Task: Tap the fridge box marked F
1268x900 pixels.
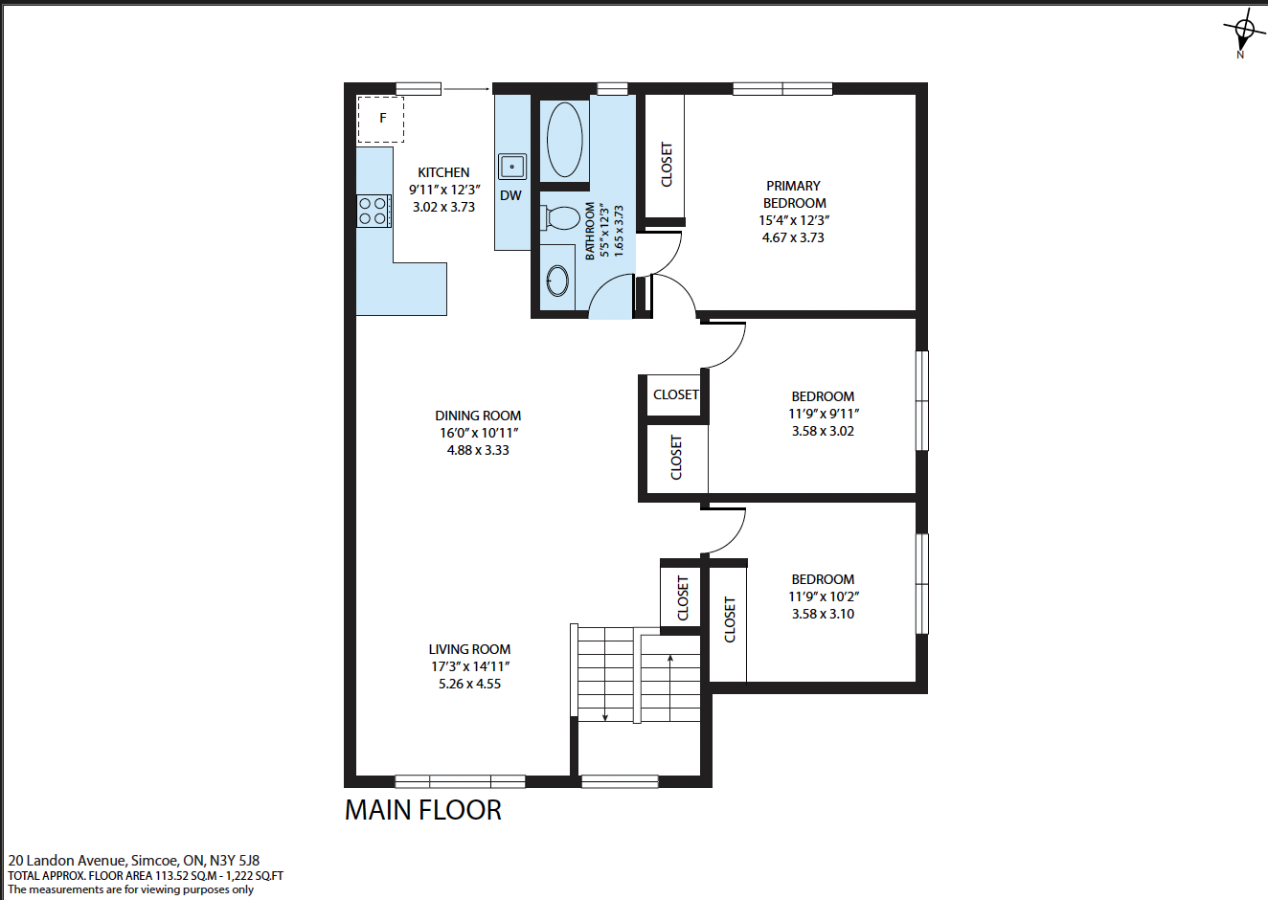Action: coord(380,119)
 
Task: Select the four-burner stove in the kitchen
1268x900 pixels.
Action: coord(374,212)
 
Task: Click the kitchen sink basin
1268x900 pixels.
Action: coord(512,167)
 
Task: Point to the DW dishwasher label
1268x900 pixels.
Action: coord(510,196)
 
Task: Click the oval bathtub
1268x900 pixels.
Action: coord(564,140)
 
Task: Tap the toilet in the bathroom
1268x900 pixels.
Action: coord(560,218)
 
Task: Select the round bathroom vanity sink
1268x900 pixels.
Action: coord(557,281)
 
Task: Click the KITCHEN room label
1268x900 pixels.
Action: coord(443,172)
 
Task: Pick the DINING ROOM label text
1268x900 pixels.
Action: coord(478,416)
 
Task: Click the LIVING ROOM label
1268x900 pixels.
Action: coord(469,650)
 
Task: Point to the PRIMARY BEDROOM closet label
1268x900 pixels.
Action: coord(667,164)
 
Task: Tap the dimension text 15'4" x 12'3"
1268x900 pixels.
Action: coord(794,221)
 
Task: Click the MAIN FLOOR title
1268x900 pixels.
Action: coord(423,811)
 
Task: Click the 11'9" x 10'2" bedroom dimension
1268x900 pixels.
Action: coord(824,596)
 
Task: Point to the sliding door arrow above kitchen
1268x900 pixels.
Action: coord(466,89)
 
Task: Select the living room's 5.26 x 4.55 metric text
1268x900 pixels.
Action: coord(470,684)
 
